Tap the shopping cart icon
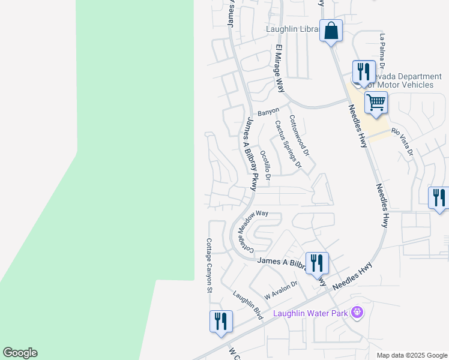tap(376, 103)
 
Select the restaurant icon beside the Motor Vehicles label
tap(364, 72)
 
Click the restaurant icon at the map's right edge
tap(439, 198)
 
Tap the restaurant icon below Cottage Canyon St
tap(221, 321)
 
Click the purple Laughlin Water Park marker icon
tap(358, 313)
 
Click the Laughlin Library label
tap(292, 29)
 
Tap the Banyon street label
tap(268, 112)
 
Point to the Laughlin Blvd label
tap(249, 305)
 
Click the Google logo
tap(20, 353)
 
